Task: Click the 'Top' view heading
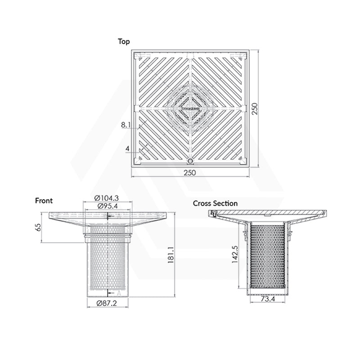click(124, 41)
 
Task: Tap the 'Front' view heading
click(44, 201)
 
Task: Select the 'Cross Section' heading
click(215, 203)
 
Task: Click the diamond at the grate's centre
click(191, 108)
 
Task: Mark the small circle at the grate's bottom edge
click(190, 161)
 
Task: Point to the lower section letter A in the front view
click(119, 293)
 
